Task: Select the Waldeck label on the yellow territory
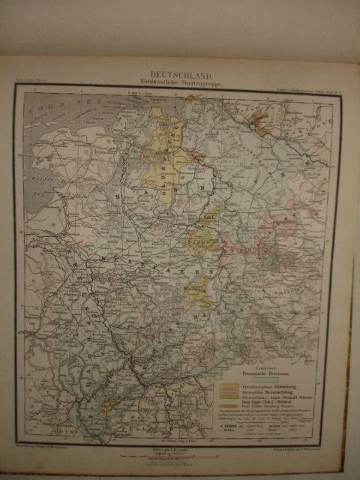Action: tap(196, 287)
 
